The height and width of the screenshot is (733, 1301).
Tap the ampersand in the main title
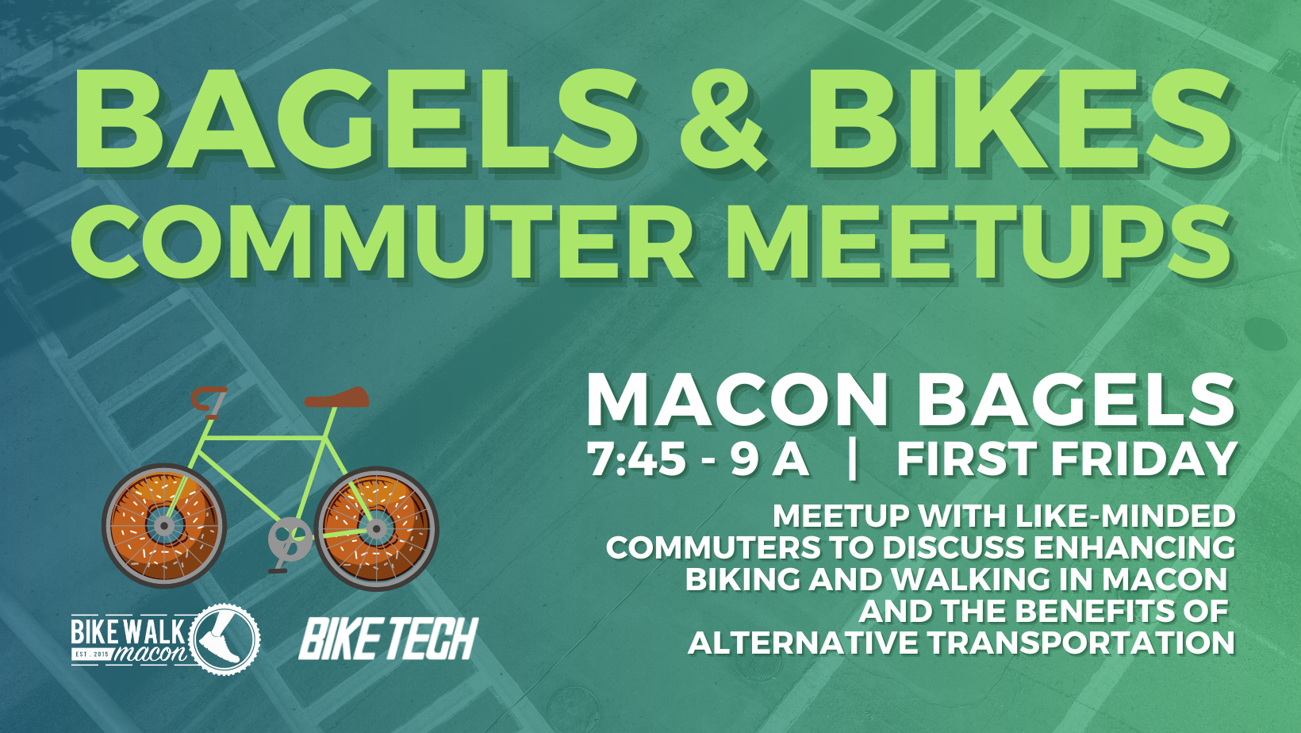721,119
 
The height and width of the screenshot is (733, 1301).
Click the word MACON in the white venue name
738,400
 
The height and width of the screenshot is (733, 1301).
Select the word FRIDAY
1142,459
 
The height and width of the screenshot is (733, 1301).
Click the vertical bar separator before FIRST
853,459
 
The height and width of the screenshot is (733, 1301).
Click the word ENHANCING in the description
1134,548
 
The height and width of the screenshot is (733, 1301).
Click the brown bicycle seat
338,398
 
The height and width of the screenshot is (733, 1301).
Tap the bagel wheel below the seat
376,528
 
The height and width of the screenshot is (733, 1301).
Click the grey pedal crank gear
290,538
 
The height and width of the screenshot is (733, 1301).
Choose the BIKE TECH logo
388,639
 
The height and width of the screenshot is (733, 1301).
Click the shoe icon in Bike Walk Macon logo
221,639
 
